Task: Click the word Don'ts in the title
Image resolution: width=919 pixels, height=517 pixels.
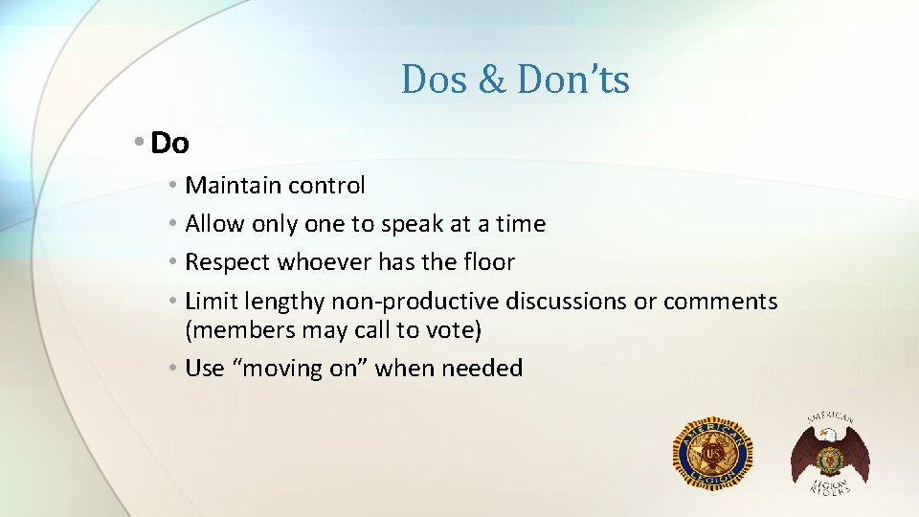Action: point(572,79)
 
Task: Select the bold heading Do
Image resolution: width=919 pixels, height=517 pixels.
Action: point(170,144)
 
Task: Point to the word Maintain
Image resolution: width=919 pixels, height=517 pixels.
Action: point(226,185)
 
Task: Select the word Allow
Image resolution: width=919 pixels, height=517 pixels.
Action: point(215,224)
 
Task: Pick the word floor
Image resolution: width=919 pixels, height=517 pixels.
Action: point(490,262)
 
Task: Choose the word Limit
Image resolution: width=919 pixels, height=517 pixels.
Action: point(210,302)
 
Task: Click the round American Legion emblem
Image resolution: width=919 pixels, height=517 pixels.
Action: point(712,452)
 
